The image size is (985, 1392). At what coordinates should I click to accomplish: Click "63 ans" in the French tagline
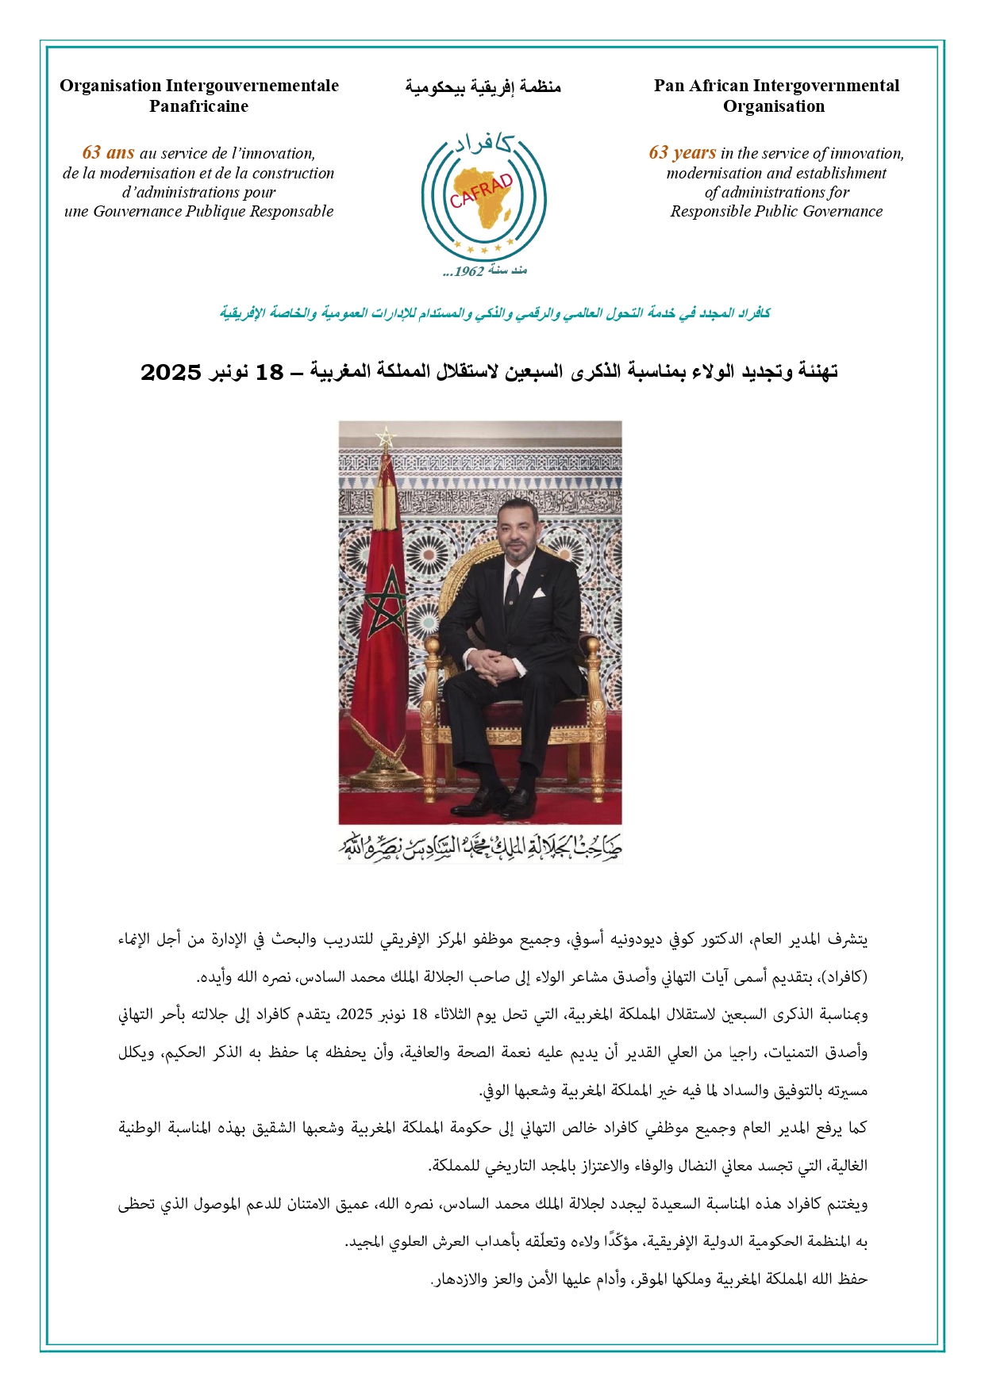click(108, 153)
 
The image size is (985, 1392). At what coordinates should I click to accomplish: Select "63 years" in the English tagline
click(682, 153)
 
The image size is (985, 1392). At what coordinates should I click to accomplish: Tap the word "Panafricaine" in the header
click(198, 106)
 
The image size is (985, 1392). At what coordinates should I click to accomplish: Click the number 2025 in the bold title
click(171, 371)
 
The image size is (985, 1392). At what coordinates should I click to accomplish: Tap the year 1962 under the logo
click(469, 271)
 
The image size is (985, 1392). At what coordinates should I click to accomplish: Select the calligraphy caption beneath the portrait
click(481, 846)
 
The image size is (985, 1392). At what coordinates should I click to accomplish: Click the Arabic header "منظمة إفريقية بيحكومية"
click(483, 86)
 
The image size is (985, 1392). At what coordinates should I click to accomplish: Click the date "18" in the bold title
click(269, 371)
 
